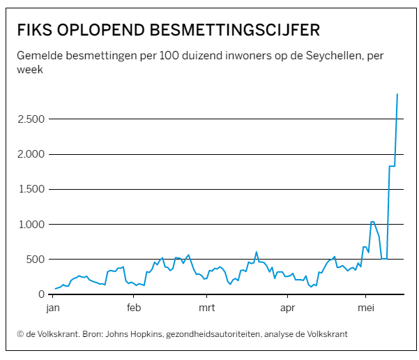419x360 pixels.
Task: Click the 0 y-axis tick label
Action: [x=43, y=294]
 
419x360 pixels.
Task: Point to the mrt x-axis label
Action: [x=206, y=308]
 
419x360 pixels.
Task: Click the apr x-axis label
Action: [x=287, y=308]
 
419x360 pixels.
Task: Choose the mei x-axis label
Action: [x=366, y=308]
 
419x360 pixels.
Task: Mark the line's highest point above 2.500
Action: [x=397, y=94]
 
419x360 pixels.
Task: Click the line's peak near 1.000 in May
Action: [x=372, y=222]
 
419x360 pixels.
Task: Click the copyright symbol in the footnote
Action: [x=20, y=334]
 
